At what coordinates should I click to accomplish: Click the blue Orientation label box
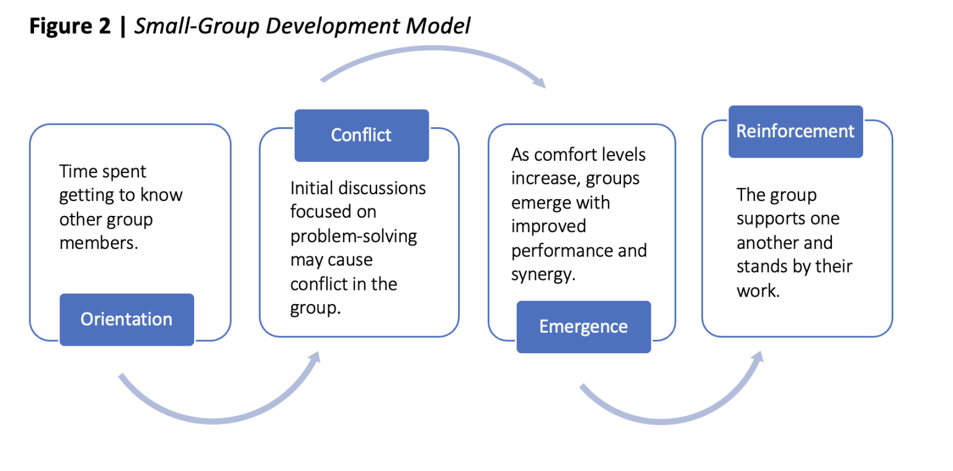click(127, 319)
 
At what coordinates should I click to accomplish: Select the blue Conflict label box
click(361, 135)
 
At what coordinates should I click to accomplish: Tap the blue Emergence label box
click(583, 326)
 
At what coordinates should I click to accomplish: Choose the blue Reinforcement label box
click(795, 132)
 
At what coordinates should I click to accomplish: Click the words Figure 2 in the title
click(70, 27)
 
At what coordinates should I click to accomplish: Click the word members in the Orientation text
click(97, 243)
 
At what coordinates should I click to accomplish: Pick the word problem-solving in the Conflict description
click(354, 236)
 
